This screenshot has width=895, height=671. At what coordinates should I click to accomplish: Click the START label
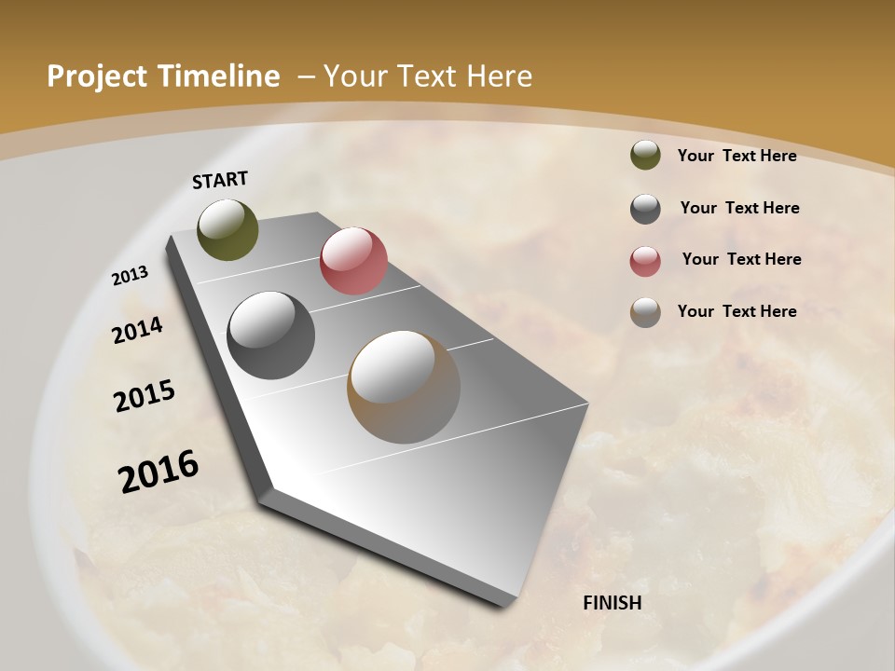coord(220,180)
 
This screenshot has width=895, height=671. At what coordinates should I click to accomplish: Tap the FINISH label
coord(613,603)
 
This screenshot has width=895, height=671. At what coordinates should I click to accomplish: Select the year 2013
coord(131,276)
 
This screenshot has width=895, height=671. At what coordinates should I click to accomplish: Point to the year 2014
coord(138,331)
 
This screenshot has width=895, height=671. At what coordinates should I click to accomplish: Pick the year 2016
coord(158,472)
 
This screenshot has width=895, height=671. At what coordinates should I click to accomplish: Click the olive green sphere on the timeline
coord(227,229)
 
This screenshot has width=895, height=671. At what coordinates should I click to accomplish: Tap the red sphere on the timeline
coord(353,261)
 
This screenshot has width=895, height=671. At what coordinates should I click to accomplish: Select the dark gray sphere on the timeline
coord(270,335)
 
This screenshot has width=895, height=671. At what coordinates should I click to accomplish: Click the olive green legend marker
coord(645,156)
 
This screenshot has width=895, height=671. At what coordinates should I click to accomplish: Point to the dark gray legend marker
coord(645,209)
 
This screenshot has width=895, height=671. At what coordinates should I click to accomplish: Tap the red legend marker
coord(645,261)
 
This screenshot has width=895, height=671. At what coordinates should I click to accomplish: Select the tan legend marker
coord(645,312)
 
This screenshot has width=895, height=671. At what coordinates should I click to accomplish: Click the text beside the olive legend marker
coord(737,156)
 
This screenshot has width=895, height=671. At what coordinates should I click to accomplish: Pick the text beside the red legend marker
coord(742,259)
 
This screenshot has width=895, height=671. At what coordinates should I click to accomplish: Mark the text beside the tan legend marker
coord(737,311)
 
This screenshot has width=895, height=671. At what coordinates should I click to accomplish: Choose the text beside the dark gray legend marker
coord(740,208)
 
